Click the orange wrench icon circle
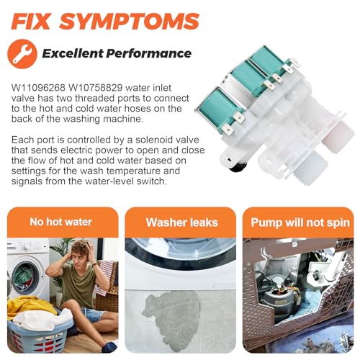point(22,54)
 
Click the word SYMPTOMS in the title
point(130,22)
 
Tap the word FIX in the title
point(31,22)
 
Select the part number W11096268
point(38,88)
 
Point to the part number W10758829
point(96,88)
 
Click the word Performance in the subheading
point(149,53)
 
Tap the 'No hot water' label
point(61,222)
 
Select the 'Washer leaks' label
point(182,222)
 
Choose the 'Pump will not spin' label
point(300,222)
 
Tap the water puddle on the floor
point(172,320)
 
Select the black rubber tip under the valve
point(237,166)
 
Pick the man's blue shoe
point(109,346)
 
